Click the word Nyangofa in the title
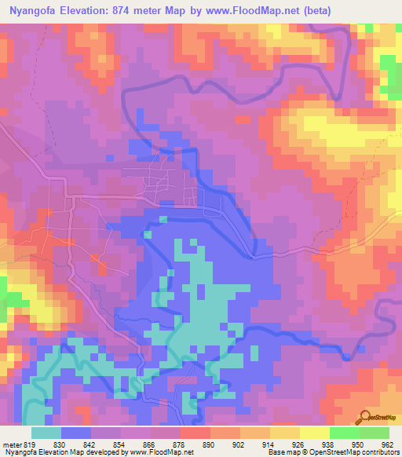coord(32,10)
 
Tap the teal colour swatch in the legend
coord(46,433)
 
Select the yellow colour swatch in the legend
coord(314,433)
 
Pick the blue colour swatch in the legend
coord(76,433)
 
